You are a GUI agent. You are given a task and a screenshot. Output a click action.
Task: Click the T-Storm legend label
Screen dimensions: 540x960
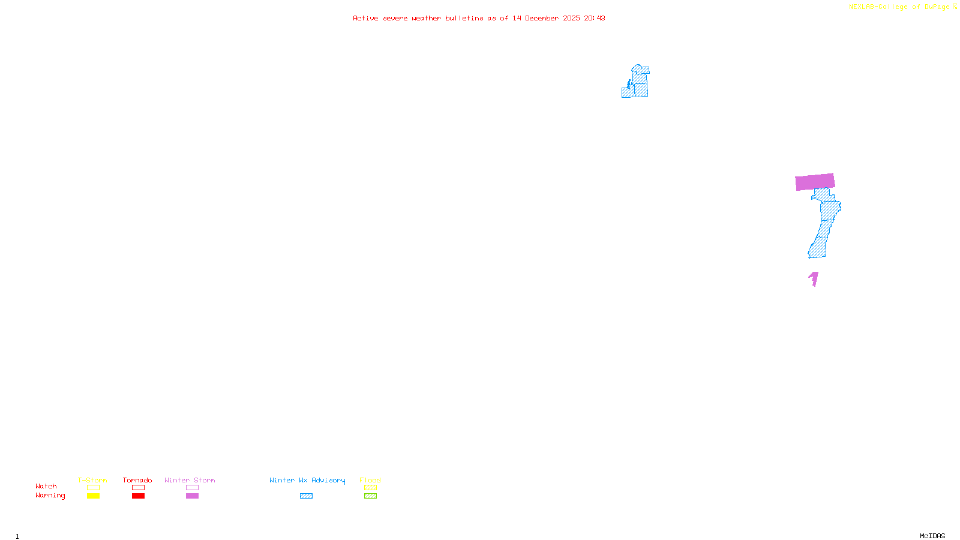92,480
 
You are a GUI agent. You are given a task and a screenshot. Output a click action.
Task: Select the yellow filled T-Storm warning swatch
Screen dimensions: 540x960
93,496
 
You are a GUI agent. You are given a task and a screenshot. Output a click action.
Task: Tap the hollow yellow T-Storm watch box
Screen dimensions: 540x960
93,488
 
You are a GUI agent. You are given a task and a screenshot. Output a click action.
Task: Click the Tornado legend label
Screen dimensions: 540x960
137,480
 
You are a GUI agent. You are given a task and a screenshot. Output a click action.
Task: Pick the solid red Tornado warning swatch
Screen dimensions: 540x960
139,496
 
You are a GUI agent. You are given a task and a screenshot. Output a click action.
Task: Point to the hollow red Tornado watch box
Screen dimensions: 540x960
139,488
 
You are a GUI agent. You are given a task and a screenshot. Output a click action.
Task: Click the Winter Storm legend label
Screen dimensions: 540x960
190,480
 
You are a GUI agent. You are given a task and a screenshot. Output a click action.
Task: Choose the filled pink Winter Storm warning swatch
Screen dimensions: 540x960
192,496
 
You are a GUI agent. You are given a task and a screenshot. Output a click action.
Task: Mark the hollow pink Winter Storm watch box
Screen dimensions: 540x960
192,488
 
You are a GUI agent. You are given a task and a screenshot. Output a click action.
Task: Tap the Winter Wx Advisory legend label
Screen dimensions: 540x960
307,480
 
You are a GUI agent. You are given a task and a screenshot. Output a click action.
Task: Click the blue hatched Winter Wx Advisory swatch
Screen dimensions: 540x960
306,496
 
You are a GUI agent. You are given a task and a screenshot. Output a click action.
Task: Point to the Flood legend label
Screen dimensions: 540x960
370,480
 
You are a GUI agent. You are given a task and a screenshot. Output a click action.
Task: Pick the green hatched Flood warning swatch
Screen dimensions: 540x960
371,496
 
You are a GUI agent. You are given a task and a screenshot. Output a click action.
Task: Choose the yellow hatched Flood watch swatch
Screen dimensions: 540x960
371,488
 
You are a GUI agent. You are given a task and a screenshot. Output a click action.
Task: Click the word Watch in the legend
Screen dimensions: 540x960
46,486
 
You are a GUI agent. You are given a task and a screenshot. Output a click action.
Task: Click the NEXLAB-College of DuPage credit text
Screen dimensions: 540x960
899,7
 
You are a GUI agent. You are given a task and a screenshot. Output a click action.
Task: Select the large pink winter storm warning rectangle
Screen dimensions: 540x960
815,182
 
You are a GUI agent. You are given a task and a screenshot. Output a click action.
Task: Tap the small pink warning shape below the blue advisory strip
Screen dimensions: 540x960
814,279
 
